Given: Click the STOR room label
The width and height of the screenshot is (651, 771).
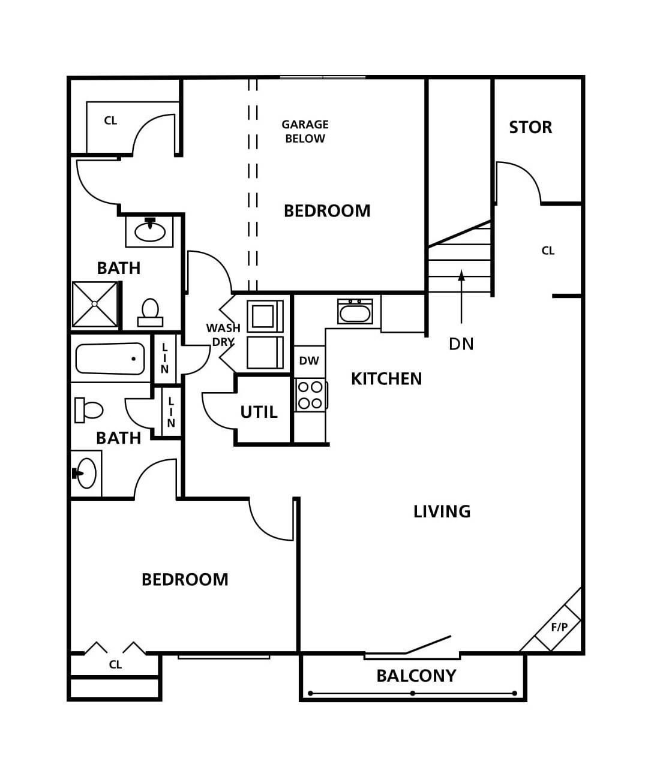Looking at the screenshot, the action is click(x=530, y=127).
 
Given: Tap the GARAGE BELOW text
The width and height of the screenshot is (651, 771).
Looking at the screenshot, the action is click(x=305, y=131).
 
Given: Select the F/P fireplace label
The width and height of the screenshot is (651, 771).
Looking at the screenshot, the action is click(x=559, y=627).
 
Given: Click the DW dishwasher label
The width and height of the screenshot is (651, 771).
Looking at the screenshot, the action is click(x=309, y=361).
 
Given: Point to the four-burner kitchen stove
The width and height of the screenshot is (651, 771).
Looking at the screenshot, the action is click(x=311, y=394).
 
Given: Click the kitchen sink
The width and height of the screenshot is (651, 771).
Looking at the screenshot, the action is click(x=355, y=312).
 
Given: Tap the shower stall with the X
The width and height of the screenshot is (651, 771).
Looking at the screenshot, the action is click(x=95, y=305).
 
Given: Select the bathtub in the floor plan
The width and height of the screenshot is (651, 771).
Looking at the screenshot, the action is click(x=110, y=359).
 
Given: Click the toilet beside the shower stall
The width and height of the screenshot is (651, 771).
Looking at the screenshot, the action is click(x=151, y=312).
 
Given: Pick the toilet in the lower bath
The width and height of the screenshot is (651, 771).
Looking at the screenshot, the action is click(x=89, y=410).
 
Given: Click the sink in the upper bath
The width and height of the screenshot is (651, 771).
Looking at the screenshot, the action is click(x=149, y=231).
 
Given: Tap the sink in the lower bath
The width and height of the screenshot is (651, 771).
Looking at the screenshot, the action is click(x=85, y=474).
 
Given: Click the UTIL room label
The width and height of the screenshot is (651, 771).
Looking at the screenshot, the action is click(x=259, y=412).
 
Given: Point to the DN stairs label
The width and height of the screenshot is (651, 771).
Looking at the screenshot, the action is click(x=461, y=344).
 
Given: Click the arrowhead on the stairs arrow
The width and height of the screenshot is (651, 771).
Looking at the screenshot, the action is click(x=461, y=275).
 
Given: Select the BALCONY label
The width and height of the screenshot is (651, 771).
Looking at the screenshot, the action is click(x=416, y=676).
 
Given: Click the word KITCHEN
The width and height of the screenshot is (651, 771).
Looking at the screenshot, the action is click(x=386, y=379).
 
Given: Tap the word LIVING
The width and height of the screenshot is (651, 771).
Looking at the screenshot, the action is click(x=442, y=512).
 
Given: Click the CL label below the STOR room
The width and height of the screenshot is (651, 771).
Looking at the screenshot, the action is click(x=548, y=251).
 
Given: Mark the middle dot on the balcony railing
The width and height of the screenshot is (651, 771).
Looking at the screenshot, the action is click(x=413, y=694).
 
